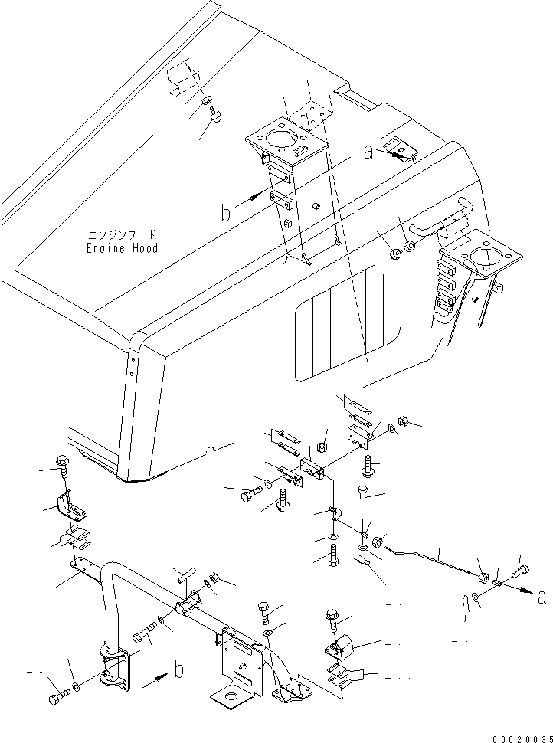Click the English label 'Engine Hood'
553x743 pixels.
(122, 248)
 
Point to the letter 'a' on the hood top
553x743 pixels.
(368, 152)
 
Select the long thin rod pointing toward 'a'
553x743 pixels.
(433, 558)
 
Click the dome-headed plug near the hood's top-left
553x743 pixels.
(216, 115)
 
